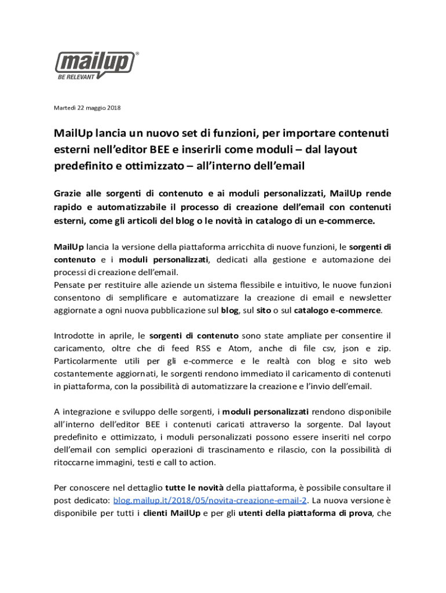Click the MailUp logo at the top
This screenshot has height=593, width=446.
[x=96, y=63]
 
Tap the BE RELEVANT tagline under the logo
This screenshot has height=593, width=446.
[x=75, y=77]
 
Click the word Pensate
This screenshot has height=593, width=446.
[x=72, y=285]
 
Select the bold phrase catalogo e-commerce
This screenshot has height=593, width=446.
[x=338, y=310]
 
